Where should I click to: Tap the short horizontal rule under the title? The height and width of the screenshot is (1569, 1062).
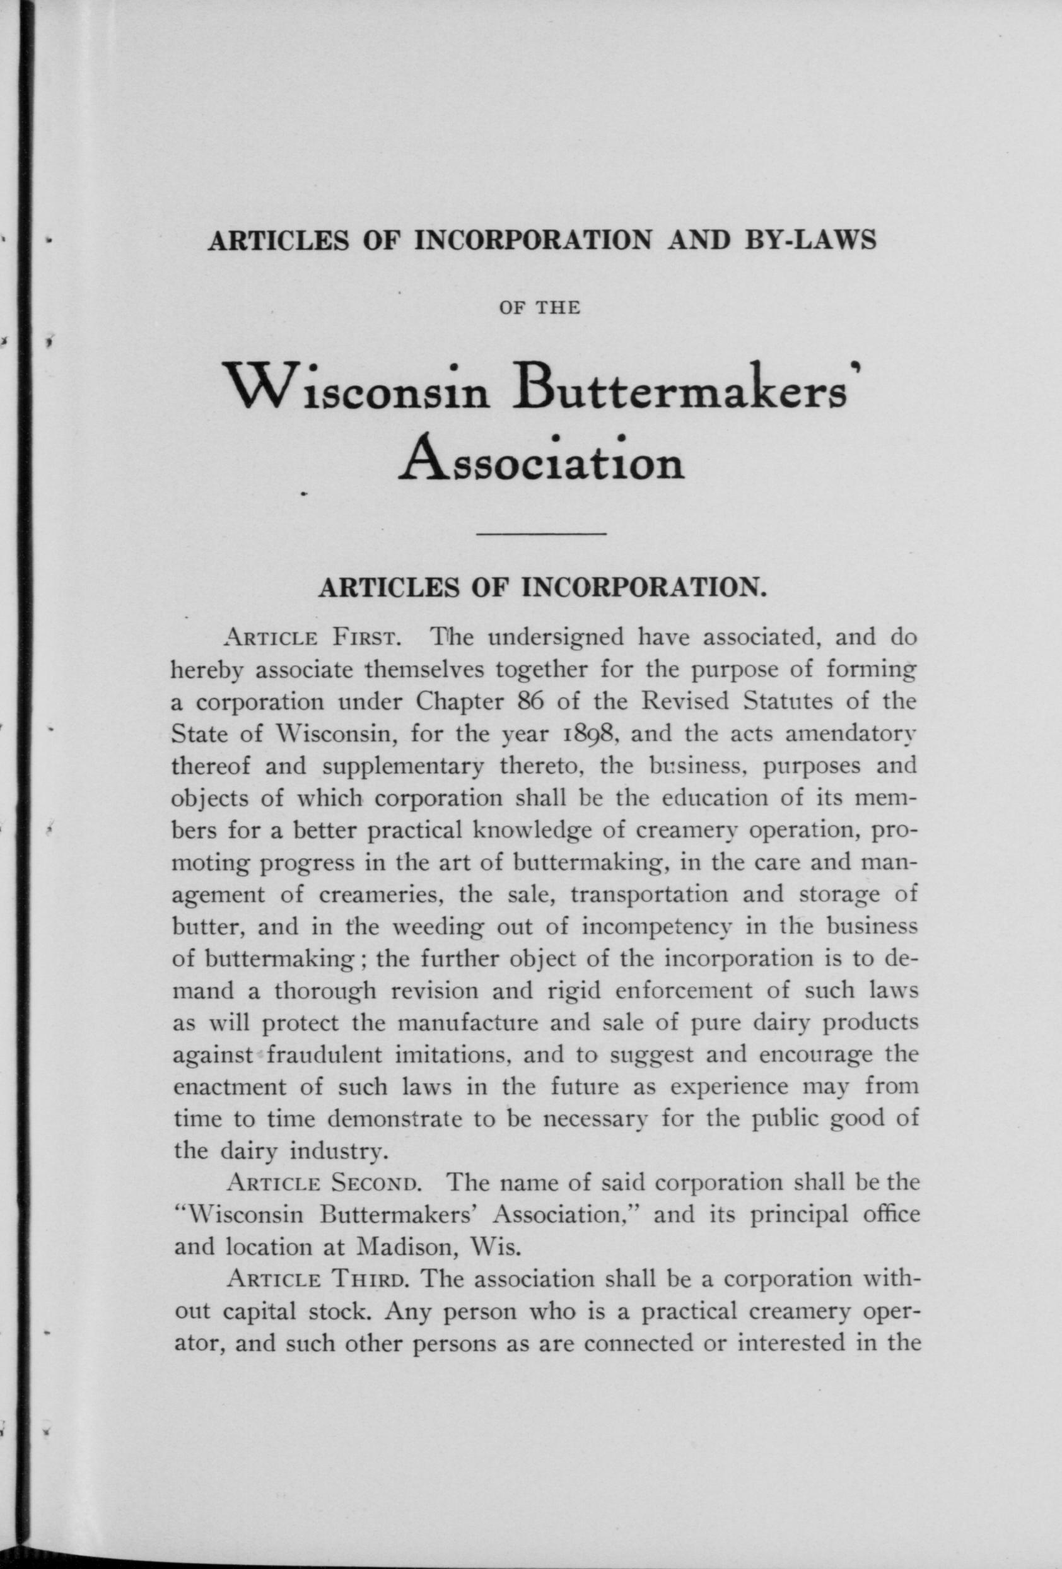(x=542, y=535)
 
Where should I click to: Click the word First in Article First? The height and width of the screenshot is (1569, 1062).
(x=367, y=638)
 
